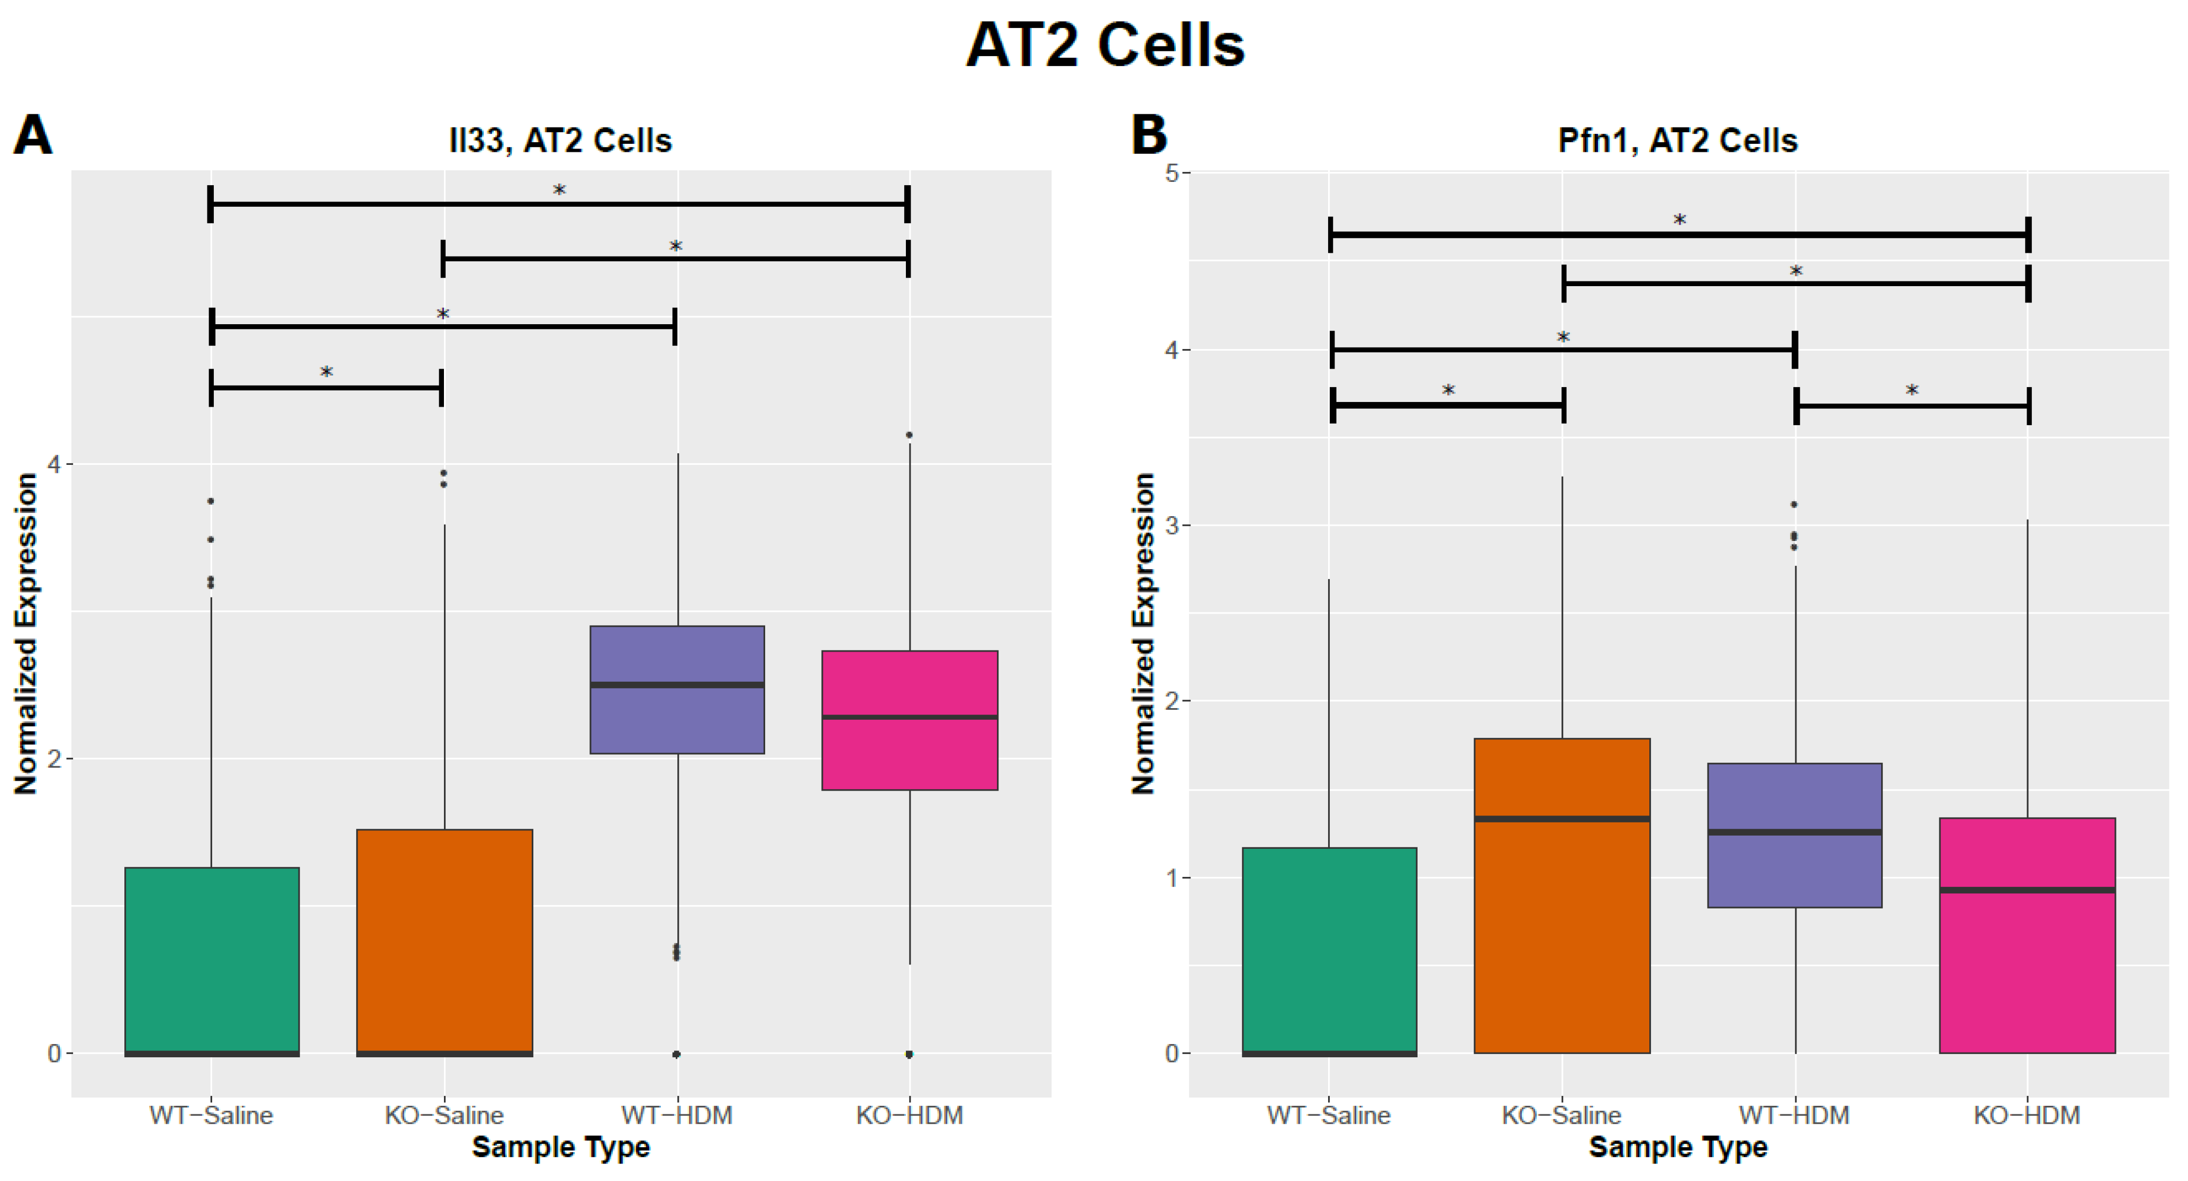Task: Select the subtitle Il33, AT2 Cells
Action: (x=560, y=141)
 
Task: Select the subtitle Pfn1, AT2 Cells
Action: (x=1677, y=141)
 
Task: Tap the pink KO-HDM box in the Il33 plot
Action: (x=910, y=756)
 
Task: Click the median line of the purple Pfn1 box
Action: (x=1795, y=832)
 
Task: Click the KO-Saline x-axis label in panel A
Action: (x=444, y=1115)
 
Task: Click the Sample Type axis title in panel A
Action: (x=560, y=1147)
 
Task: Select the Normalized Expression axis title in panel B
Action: (x=1143, y=634)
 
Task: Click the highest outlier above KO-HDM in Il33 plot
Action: (x=909, y=436)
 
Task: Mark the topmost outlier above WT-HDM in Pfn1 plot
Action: (x=1794, y=505)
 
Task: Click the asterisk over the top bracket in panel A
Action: (x=559, y=190)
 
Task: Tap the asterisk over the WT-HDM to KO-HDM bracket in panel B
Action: (x=1911, y=390)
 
